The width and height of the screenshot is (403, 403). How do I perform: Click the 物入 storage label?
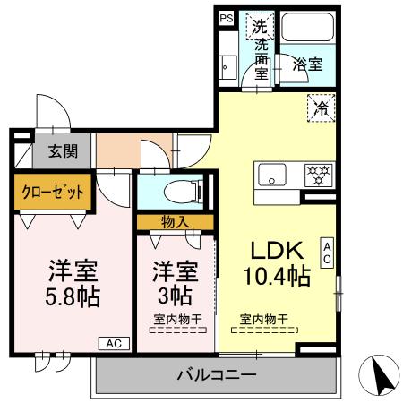175,221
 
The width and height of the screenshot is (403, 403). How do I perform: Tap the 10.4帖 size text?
279,277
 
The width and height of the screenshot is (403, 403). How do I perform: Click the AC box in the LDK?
329,253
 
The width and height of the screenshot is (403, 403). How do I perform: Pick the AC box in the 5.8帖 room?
114,343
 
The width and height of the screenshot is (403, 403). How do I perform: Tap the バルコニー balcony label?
216,375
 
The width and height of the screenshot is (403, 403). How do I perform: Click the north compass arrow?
381,373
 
